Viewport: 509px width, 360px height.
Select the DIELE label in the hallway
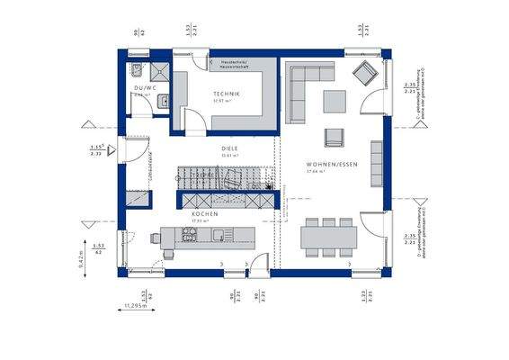pos(230,148)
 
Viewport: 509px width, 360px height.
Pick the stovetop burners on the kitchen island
pos(190,236)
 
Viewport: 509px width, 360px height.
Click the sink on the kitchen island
pos(219,236)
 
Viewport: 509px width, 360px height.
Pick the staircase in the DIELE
pos(225,175)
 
